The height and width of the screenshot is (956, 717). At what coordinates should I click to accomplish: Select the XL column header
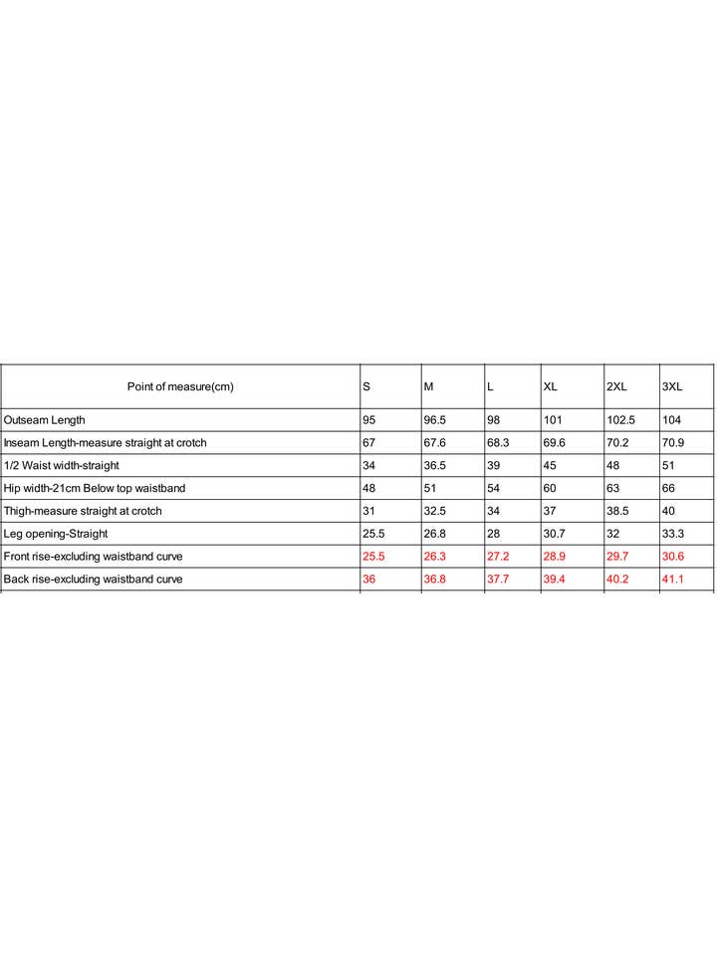[x=550, y=386]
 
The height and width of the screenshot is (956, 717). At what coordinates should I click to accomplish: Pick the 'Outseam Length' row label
[x=45, y=420]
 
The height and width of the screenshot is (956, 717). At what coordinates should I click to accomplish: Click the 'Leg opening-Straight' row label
[x=56, y=534]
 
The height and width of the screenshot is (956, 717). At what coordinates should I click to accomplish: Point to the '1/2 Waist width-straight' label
[x=62, y=465]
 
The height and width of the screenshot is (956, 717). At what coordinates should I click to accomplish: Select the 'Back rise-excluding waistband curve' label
[x=93, y=579]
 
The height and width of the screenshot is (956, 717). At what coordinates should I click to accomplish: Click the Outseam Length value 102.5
[x=620, y=420]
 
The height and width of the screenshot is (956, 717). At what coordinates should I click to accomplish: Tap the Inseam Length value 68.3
[x=497, y=443]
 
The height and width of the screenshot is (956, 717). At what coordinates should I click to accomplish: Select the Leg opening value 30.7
[x=554, y=534]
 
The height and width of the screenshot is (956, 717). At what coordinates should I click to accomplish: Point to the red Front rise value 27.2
[x=497, y=556]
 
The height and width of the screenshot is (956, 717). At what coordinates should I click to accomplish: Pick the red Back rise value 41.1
[x=674, y=579]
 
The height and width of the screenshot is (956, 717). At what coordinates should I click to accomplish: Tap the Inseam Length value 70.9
[x=674, y=443]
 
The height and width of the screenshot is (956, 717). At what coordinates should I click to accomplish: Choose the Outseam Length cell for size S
[x=368, y=420]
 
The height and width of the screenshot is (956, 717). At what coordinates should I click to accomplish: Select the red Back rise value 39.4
[x=554, y=579]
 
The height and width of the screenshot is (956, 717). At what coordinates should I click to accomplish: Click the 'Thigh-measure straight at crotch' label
[x=83, y=511]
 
